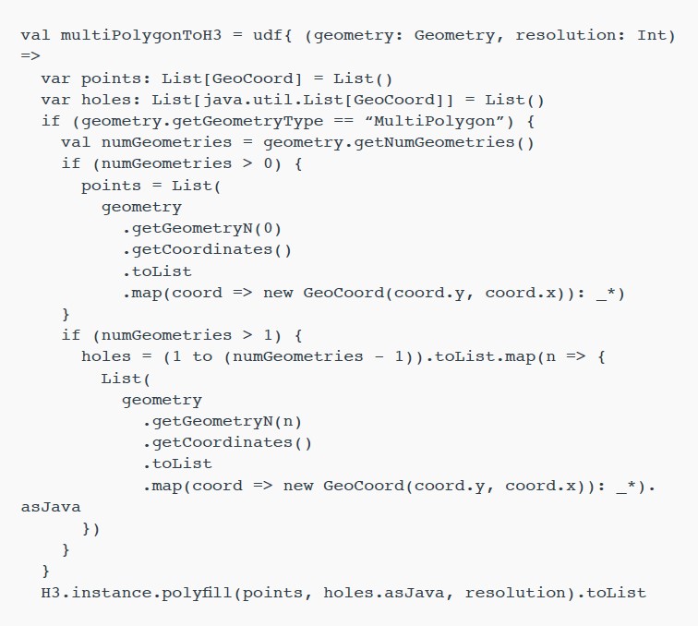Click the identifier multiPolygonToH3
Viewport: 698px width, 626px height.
pyautogui.click(x=140, y=36)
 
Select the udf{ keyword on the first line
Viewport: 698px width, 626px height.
pyautogui.click(x=272, y=35)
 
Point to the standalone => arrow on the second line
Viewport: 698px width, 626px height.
pyautogui.click(x=30, y=56)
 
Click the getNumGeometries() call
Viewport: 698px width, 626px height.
pyautogui.click(x=444, y=143)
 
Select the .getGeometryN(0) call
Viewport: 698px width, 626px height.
pyautogui.click(x=202, y=229)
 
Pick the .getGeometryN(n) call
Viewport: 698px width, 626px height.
pyautogui.click(x=223, y=422)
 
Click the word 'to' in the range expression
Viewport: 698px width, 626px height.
pyautogui.click(x=202, y=357)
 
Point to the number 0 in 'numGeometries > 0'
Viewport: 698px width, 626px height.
pyautogui.click(x=268, y=163)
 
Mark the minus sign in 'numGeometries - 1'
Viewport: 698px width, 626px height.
pyautogui.click(x=379, y=357)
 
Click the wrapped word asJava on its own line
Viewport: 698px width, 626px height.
pyautogui.click(x=51, y=508)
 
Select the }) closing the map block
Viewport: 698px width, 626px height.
pyautogui.click(x=90, y=529)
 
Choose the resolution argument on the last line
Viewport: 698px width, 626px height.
pyautogui.click(x=515, y=593)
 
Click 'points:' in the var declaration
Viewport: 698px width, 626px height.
pyautogui.click(x=115, y=79)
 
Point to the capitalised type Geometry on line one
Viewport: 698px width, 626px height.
pyautogui.click(x=454, y=36)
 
